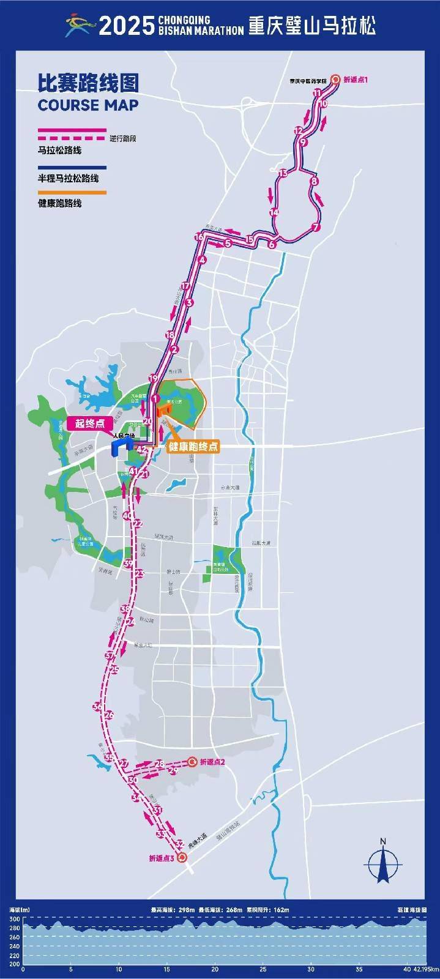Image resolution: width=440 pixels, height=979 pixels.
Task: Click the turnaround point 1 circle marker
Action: (335, 79)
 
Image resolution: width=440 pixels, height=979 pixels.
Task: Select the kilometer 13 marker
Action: (282, 174)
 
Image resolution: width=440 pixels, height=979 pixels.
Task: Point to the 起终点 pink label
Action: (89, 423)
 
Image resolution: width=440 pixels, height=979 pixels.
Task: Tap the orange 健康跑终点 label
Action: (193, 447)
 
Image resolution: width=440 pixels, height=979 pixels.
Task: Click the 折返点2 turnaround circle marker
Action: (192, 762)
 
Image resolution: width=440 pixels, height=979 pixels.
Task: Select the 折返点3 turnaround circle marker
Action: (182, 858)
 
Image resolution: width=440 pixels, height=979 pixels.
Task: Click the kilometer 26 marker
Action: (110, 715)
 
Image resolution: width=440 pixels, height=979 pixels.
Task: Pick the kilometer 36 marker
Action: (97, 707)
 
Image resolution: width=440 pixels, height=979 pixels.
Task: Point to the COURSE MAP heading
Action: (88, 105)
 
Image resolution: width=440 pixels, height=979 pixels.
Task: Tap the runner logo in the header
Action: (80, 26)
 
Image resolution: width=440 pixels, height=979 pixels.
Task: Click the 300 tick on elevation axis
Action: (13, 920)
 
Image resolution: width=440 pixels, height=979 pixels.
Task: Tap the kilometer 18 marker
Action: (170, 335)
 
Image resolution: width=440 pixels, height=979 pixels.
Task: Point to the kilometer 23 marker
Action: (140, 573)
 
